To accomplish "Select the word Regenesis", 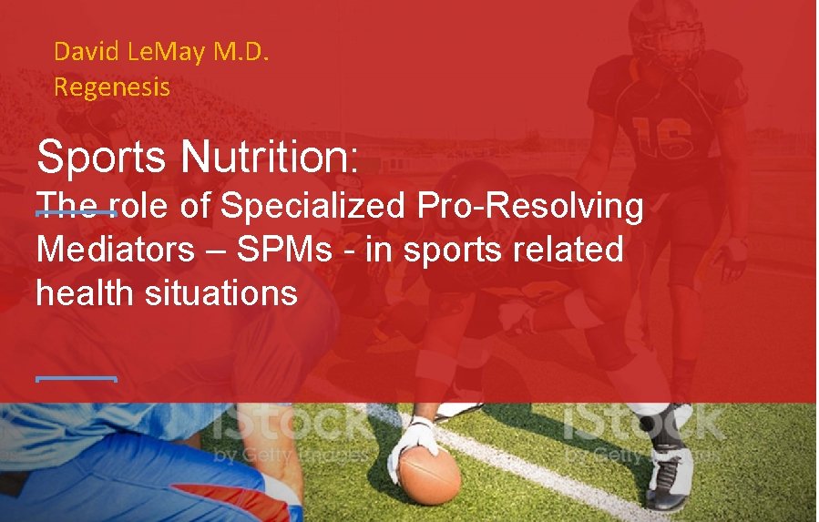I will [112, 87].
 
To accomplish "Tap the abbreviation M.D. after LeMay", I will [241, 51].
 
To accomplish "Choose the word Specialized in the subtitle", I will [314, 207].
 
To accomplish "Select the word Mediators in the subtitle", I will [115, 250].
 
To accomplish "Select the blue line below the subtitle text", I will [77, 377].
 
